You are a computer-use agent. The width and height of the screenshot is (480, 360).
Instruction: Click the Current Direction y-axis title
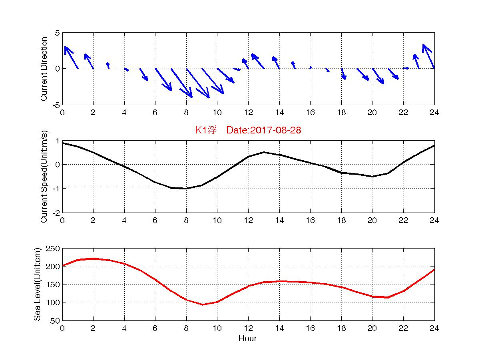(44, 69)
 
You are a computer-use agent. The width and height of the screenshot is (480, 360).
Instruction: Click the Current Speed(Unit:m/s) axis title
(44, 177)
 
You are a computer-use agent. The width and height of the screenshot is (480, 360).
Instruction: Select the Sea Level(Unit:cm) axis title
(37, 284)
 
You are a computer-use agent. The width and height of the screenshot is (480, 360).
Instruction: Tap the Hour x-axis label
(247, 338)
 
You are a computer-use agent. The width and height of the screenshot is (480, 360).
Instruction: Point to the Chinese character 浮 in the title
(212, 130)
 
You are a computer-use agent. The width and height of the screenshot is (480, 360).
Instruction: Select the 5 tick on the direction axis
(58, 33)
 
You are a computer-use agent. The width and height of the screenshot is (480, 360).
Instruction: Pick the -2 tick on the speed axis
(55, 213)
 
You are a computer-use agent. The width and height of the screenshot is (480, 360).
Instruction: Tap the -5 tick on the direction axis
(55, 105)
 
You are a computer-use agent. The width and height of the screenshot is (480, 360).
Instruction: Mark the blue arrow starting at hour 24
(429, 56)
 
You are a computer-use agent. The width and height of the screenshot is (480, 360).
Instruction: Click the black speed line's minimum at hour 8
(186, 188)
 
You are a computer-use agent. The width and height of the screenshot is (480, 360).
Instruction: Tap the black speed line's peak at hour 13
(264, 152)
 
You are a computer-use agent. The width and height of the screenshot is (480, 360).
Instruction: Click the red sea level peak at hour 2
(93, 259)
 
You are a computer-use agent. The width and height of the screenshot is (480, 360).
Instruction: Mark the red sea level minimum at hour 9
(202, 304)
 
